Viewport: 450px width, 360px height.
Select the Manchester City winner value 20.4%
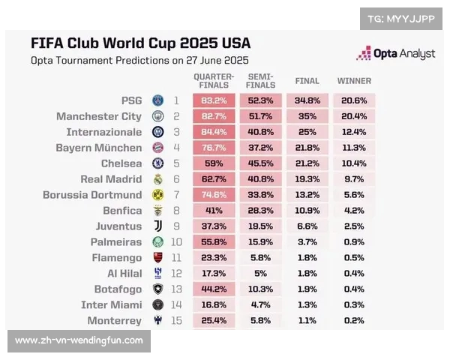tap(354, 116)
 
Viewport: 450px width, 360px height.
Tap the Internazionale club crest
tap(158, 131)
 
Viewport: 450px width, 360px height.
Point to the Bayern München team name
tap(98, 148)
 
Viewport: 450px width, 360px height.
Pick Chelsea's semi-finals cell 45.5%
tap(260, 163)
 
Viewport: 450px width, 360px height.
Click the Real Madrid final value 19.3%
tap(307, 179)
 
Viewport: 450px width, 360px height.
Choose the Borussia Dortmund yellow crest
tap(158, 194)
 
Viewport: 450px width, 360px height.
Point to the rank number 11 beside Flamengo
tap(176, 258)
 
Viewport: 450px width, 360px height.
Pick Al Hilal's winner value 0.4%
tap(354, 274)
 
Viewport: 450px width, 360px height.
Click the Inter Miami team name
tap(111, 305)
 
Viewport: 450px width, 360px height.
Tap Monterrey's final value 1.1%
tap(307, 321)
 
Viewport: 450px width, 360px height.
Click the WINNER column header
tap(354, 80)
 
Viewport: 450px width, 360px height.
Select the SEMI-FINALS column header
tap(260, 80)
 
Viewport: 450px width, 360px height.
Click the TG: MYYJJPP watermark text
tap(400, 19)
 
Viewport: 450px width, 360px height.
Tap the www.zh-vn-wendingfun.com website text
tap(79, 340)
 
